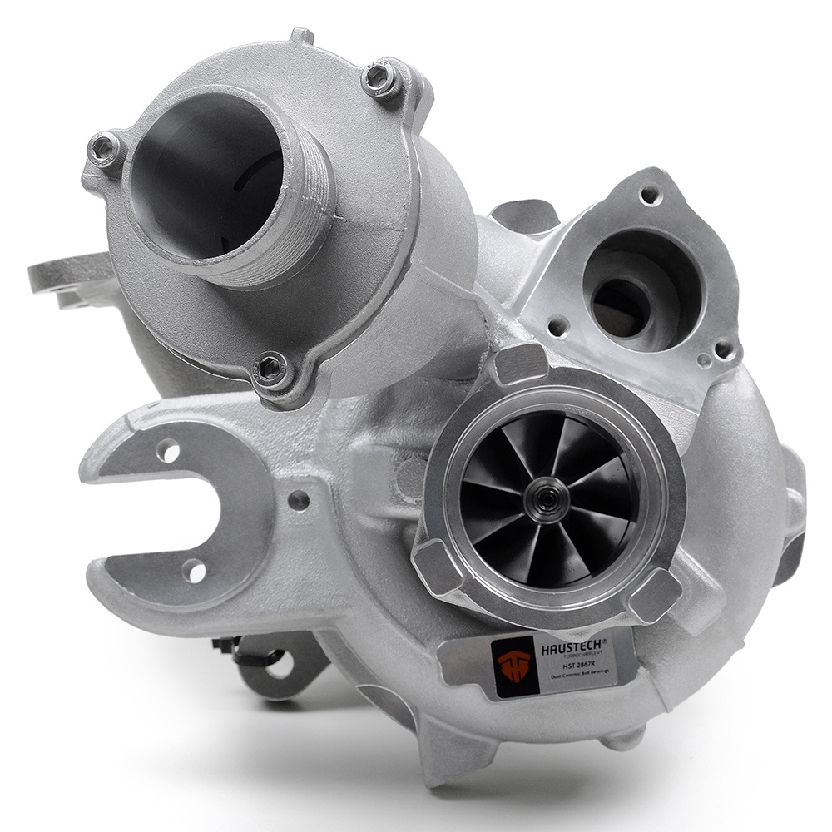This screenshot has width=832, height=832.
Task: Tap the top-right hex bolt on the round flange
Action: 383,83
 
